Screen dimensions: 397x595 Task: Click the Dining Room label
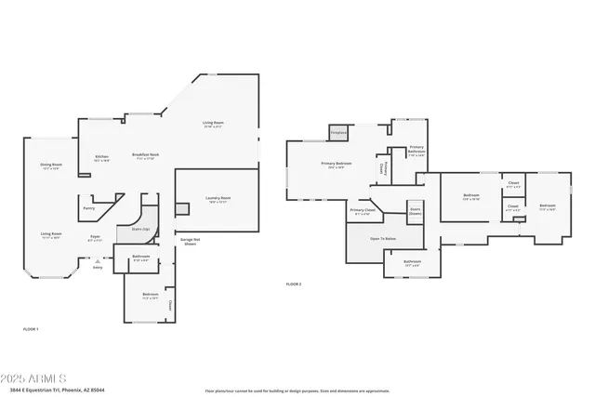click(50, 166)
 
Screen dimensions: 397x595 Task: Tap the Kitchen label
click(101, 157)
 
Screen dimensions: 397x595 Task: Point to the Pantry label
click(89, 208)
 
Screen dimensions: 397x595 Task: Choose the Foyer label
click(95, 236)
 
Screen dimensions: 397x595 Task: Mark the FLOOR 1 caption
click(31, 329)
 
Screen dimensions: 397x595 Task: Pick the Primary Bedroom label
click(336, 165)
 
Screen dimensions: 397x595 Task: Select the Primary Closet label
click(363, 211)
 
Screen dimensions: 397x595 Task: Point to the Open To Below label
click(383, 239)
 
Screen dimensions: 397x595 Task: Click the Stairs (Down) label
click(415, 211)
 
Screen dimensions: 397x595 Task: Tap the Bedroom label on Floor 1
click(148, 296)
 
